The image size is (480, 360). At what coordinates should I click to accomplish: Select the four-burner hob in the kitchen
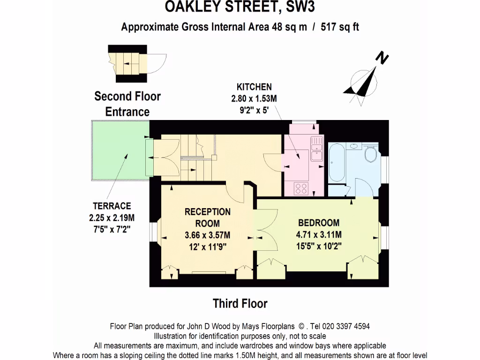pos(300,188)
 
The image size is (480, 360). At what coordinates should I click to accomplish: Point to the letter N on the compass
pos(383,59)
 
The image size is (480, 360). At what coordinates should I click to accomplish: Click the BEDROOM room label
pos(319,223)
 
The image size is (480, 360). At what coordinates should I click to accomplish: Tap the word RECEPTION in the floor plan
pos(207,212)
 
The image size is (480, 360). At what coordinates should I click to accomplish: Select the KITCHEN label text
pos(254,87)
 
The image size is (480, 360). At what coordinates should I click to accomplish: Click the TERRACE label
pos(112,206)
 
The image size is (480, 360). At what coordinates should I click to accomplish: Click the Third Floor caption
pos(240,303)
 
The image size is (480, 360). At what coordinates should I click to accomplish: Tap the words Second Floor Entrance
pos(127,104)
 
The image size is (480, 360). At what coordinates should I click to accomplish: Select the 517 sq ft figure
pos(340,27)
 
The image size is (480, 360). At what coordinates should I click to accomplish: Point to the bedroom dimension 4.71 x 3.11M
pos(319,234)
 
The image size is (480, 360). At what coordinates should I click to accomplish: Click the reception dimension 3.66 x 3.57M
pos(207,235)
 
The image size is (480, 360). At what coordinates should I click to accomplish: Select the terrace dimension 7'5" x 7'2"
pos(112,229)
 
